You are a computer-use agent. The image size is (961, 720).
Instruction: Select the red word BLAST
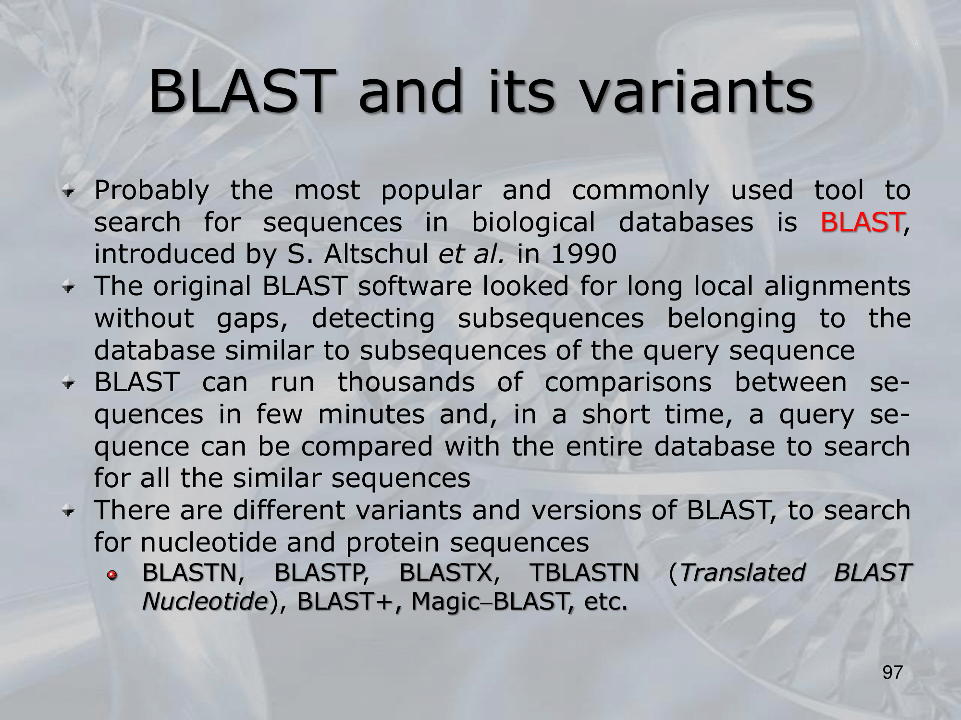click(x=862, y=222)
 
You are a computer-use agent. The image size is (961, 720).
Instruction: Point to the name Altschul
click(x=376, y=253)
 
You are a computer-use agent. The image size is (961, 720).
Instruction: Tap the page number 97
click(x=893, y=672)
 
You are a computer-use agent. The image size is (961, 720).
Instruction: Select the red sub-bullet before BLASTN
click(x=112, y=574)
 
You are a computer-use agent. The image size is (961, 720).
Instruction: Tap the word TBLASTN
click(x=584, y=572)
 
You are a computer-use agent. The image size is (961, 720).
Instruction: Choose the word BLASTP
click(x=319, y=572)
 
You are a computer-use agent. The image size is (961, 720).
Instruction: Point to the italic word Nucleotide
click(x=205, y=601)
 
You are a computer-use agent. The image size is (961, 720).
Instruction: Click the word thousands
click(x=406, y=382)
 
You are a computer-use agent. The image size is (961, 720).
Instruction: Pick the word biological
click(x=533, y=223)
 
